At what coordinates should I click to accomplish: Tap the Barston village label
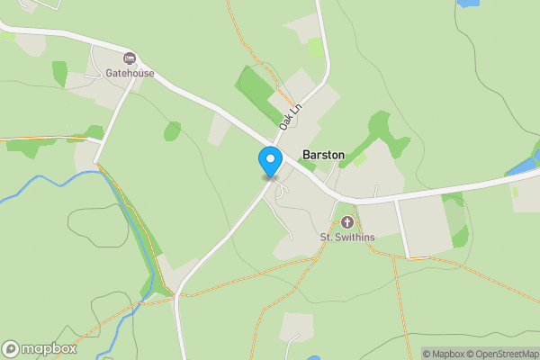323,155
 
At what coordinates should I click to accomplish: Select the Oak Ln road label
289,116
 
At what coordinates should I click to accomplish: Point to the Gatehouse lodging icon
130,58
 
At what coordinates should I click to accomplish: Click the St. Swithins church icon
346,221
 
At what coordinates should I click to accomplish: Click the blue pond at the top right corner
469,3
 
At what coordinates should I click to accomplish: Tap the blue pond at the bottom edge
313,357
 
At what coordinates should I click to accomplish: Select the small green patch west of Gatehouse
59,72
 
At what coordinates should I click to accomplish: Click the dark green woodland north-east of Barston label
385,135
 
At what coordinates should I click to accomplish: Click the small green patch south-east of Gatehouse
172,131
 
